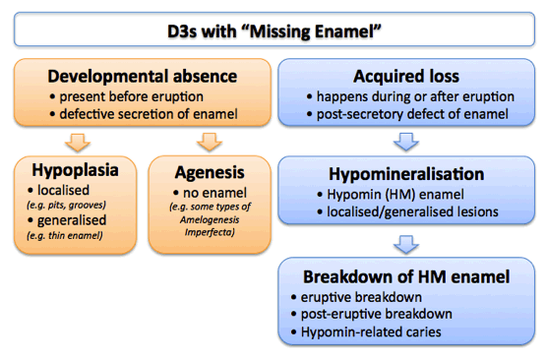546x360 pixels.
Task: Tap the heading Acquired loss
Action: pos(407,76)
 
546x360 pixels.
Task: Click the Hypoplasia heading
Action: pos(75,169)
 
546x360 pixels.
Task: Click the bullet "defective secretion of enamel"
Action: pos(146,114)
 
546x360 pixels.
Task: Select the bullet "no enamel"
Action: pos(205,190)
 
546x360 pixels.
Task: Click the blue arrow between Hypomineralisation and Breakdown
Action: pos(407,246)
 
